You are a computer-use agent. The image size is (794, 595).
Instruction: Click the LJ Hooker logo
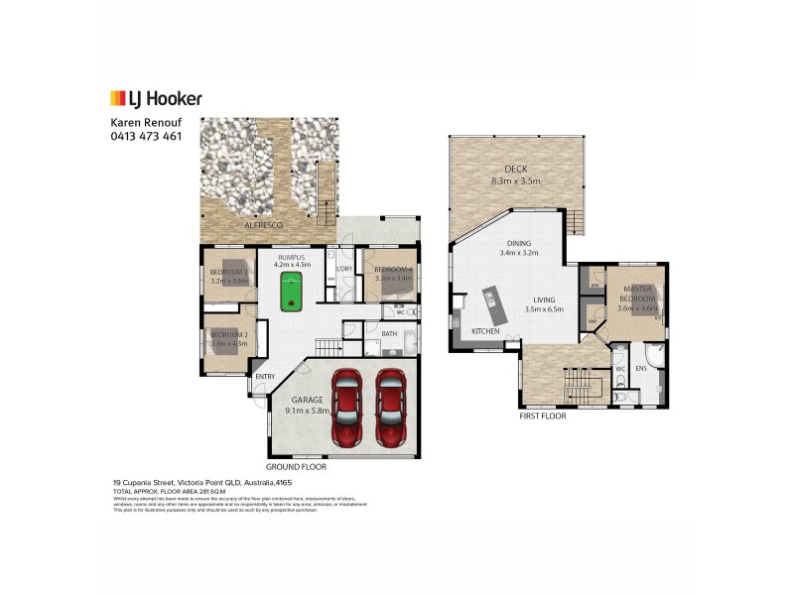(155, 98)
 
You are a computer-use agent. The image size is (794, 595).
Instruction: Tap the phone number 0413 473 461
(145, 136)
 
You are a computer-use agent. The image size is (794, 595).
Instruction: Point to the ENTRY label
(265, 376)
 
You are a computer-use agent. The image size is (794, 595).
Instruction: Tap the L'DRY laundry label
(345, 269)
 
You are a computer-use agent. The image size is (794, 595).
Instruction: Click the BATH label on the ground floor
(390, 334)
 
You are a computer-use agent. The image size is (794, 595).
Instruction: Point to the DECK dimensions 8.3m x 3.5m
(515, 181)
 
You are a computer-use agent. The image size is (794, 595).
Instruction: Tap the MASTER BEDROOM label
(636, 292)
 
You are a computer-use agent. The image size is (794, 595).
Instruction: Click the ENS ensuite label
(640, 368)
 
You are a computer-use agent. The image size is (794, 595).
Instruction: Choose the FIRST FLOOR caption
(542, 417)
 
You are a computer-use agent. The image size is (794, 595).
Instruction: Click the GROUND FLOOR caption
(296, 466)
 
